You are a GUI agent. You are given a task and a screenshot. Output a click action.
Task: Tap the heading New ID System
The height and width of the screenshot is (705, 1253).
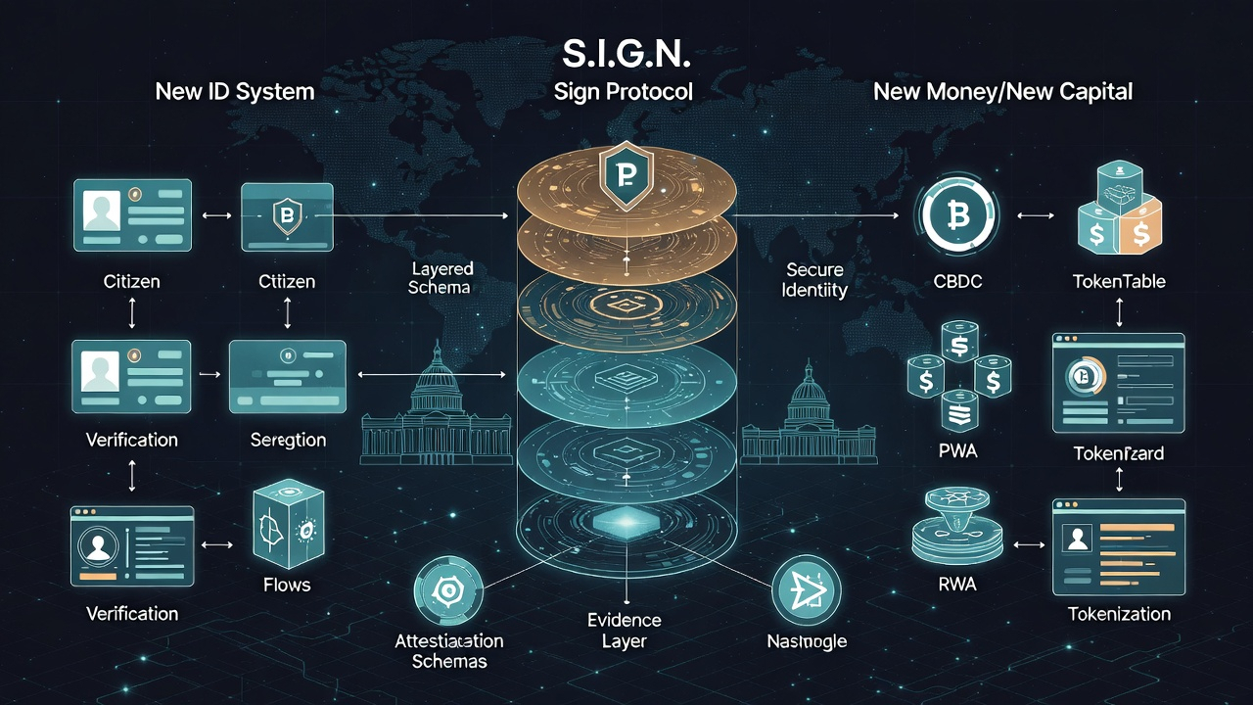pyautogui.click(x=235, y=92)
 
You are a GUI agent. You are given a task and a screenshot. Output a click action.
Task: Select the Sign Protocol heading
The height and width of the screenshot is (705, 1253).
pyautogui.click(x=623, y=92)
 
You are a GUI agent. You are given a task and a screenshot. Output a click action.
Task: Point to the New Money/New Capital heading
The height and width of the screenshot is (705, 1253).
pyautogui.click(x=1002, y=92)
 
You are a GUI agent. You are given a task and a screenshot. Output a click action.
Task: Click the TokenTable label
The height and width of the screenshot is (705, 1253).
pyautogui.click(x=1119, y=282)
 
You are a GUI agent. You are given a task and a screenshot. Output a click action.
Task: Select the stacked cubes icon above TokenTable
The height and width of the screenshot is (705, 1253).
pyautogui.click(x=1118, y=206)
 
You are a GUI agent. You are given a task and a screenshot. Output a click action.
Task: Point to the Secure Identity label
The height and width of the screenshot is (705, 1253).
pyautogui.click(x=815, y=279)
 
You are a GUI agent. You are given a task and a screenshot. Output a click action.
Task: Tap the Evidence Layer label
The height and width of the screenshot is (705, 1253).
pyautogui.click(x=625, y=630)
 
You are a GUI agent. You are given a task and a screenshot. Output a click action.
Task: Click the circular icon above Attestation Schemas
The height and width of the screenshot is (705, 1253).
pyautogui.click(x=447, y=589)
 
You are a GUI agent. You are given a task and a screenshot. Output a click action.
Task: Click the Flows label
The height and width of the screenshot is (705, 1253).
pyautogui.click(x=287, y=586)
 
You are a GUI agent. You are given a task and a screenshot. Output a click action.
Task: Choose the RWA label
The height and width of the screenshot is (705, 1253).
pyautogui.click(x=956, y=586)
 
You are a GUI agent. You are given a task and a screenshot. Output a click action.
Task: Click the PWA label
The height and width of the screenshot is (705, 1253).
pyautogui.click(x=956, y=451)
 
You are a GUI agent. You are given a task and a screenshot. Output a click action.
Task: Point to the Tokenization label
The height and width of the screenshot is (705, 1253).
pyautogui.click(x=1119, y=614)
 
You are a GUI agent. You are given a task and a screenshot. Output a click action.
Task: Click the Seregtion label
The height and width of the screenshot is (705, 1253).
pyautogui.click(x=287, y=440)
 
